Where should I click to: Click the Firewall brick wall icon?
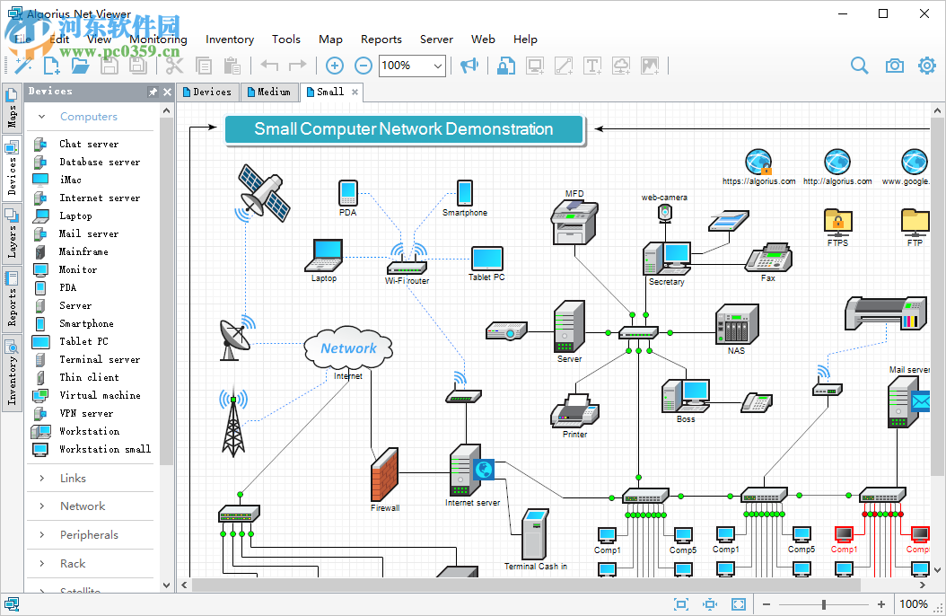[x=384, y=474]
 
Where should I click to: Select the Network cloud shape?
[x=348, y=348]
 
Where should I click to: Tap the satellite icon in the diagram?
[x=263, y=192]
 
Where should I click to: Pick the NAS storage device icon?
[x=736, y=324]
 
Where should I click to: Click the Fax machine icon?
[x=768, y=258]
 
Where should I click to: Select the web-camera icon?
[x=664, y=213]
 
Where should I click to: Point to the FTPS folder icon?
[x=837, y=221]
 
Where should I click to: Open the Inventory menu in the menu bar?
[x=230, y=40]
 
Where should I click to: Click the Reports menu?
[x=381, y=40]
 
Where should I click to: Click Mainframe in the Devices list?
[x=83, y=251]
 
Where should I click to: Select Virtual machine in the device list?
[x=100, y=395]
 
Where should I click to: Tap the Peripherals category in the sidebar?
[x=89, y=535]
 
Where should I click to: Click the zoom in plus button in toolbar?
[x=334, y=66]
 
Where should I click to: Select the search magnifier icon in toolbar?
[x=860, y=66]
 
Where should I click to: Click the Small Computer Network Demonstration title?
[x=404, y=129]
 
